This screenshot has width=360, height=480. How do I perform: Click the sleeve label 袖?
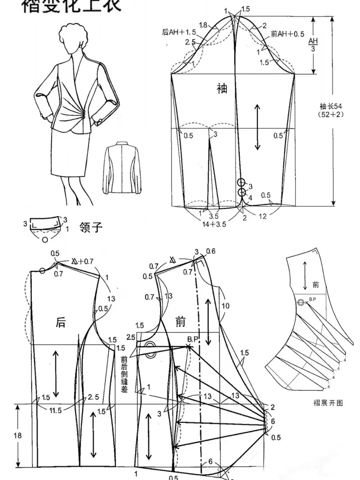(x=222, y=89)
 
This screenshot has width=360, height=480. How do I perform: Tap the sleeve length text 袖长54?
(x=331, y=106)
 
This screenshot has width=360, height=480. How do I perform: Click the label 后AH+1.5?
(x=179, y=32)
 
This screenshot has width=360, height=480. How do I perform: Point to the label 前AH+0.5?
(x=287, y=34)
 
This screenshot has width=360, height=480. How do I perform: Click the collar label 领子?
(x=91, y=228)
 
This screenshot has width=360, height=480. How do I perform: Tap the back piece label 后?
(x=60, y=322)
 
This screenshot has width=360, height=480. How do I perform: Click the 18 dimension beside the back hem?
(x=17, y=435)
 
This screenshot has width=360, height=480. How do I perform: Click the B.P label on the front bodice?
(x=193, y=339)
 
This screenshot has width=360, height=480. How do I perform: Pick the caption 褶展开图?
(x=328, y=403)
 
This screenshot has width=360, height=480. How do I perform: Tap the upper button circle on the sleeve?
(x=242, y=182)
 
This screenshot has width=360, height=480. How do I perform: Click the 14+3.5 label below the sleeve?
(x=214, y=224)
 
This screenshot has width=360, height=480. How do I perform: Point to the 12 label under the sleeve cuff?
(x=263, y=216)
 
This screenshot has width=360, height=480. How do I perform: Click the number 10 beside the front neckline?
(x=226, y=305)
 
